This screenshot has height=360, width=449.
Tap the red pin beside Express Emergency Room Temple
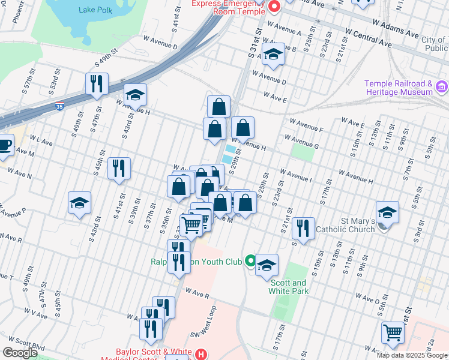click(274, 7)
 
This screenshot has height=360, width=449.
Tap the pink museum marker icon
click(442, 88)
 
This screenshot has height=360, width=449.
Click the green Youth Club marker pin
click(249, 262)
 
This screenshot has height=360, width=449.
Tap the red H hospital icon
click(201, 355)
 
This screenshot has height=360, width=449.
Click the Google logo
click(20, 353)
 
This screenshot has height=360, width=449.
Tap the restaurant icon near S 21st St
click(303, 227)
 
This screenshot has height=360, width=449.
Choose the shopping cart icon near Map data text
click(393, 332)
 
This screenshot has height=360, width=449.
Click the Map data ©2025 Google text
click(412, 355)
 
